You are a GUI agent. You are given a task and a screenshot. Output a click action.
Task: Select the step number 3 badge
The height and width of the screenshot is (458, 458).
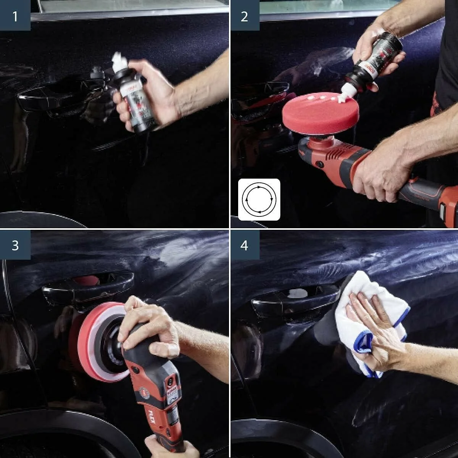click(x=15, y=245)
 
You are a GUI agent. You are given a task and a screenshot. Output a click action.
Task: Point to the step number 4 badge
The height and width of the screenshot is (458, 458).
click(x=244, y=245)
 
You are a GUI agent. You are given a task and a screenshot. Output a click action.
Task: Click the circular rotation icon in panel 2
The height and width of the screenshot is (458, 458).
click(x=259, y=200)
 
